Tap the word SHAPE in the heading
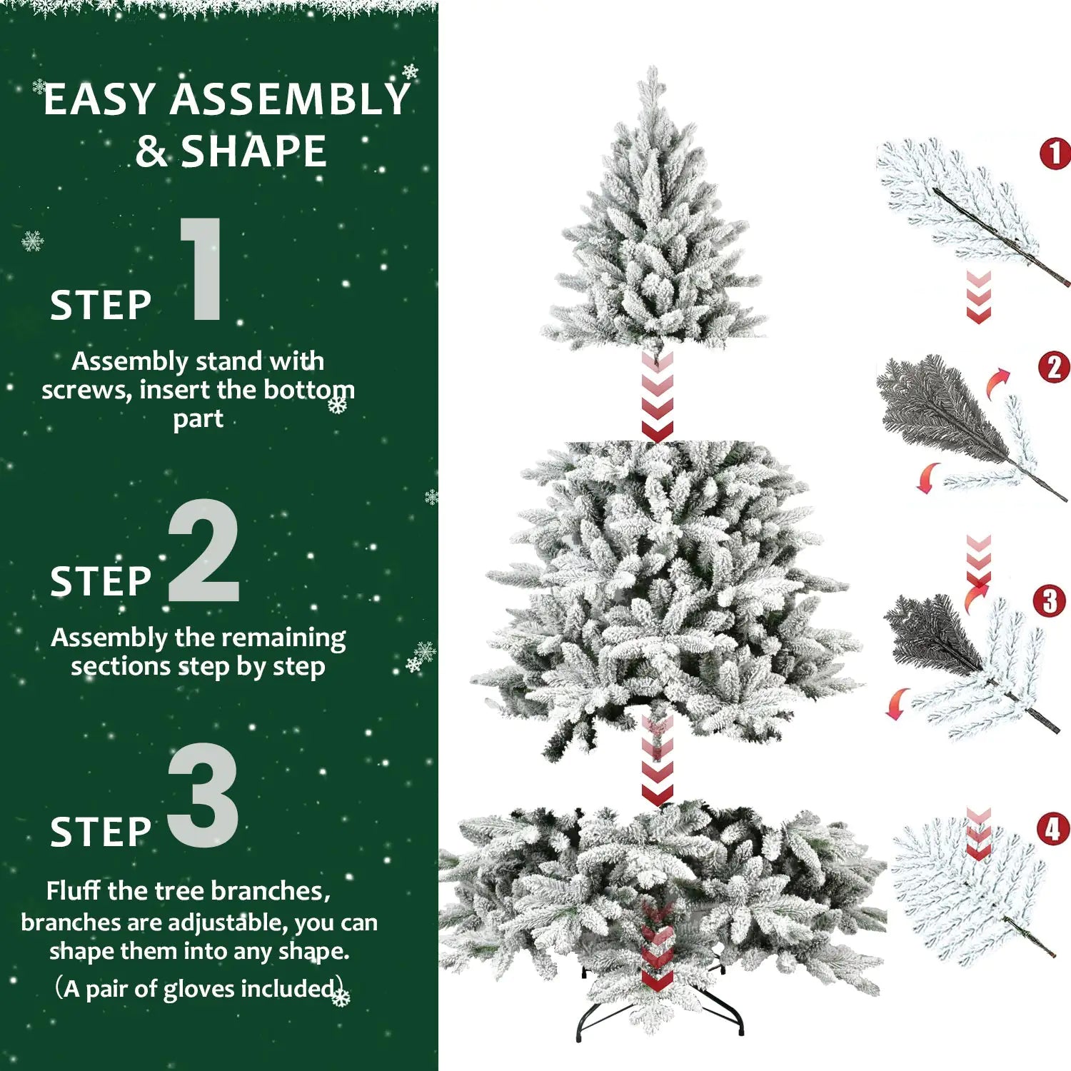pyautogui.click(x=253, y=151)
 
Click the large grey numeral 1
pyautogui.click(x=203, y=270)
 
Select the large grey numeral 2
pyautogui.click(x=203, y=551)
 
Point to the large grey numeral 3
pyautogui.click(x=203, y=795)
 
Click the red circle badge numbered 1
pyautogui.click(x=1055, y=154)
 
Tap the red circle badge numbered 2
pyautogui.click(x=1054, y=368)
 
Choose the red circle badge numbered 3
pyautogui.click(x=1049, y=601)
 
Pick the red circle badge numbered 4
pyautogui.click(x=1053, y=830)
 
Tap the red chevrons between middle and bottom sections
pyautogui.click(x=657, y=760)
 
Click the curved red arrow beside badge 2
pyautogui.click(x=998, y=383)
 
